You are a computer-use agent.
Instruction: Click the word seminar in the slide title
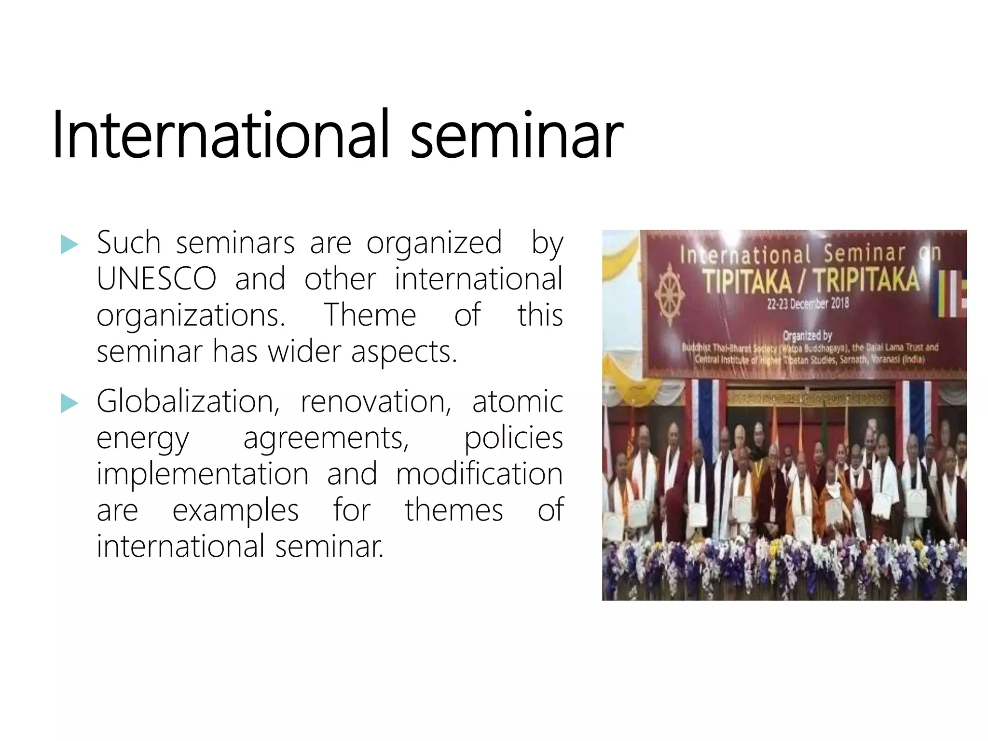pyautogui.click(x=516, y=136)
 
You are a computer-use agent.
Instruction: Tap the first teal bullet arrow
pyautogui.click(x=69, y=245)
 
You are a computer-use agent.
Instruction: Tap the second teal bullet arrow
pyautogui.click(x=69, y=403)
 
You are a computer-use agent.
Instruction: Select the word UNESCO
pyautogui.click(x=156, y=279)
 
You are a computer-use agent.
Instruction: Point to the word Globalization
pyautogui.click(x=187, y=401)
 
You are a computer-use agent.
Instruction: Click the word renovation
pyautogui.click(x=375, y=401)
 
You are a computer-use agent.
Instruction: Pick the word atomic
pyautogui.click(x=517, y=401)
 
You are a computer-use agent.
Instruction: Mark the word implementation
pyautogui.click(x=202, y=474)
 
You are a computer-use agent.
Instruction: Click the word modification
pyautogui.click(x=479, y=474)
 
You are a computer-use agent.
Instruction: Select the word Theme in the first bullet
pyautogui.click(x=370, y=315)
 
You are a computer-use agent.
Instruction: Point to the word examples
pyautogui.click(x=235, y=510)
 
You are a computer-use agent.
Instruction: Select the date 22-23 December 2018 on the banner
pyautogui.click(x=808, y=304)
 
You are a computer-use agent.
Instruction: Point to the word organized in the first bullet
pyautogui.click(x=434, y=243)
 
